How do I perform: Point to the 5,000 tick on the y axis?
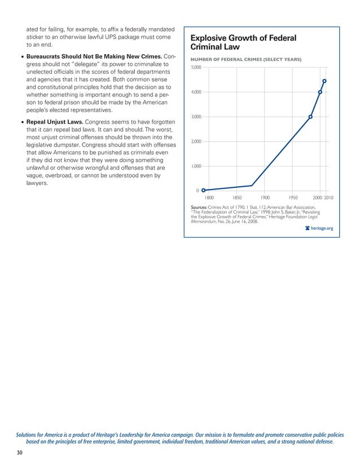point(195,68)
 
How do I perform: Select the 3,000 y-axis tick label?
point(195,117)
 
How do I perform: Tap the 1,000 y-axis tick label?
point(195,166)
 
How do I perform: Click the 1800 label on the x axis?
point(209,198)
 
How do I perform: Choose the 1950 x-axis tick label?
point(293,198)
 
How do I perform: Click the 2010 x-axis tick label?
point(329,198)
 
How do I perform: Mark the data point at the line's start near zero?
point(204,190)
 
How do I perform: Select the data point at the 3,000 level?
point(310,117)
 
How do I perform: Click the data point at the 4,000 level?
point(320,92)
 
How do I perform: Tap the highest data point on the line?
point(324,81)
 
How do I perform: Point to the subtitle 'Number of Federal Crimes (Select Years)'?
point(246,60)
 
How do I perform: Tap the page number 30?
point(21,453)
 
